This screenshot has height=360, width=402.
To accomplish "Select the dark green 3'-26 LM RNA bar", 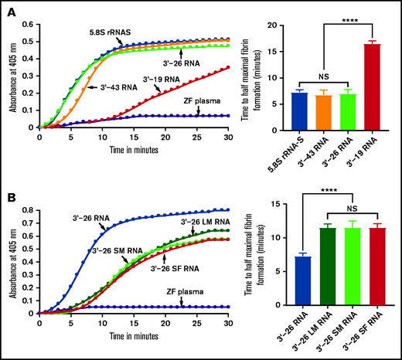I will pos(328,271).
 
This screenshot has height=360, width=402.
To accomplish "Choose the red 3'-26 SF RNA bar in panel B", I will pos(375,271).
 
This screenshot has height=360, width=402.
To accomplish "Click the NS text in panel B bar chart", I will pos(352,209).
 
